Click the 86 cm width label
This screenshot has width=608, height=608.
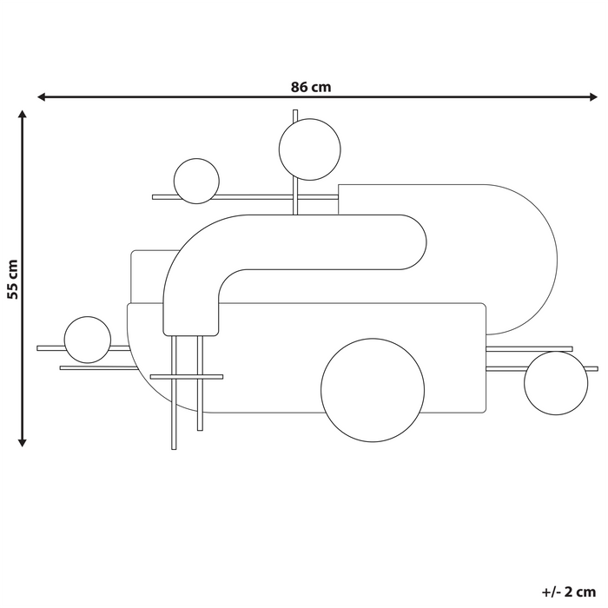coord(311,86)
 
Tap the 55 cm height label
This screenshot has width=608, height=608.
coord(12,278)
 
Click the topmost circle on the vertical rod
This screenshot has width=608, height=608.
coord(309,150)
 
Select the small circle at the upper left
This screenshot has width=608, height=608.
coord(196,181)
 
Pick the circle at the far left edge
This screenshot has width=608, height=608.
coord(88,340)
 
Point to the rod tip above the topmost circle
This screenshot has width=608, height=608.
coord(296,112)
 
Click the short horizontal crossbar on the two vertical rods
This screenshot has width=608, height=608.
coord(187,377)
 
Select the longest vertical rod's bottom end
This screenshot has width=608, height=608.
coord(175,447)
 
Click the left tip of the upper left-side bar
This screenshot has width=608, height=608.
coord(40,348)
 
